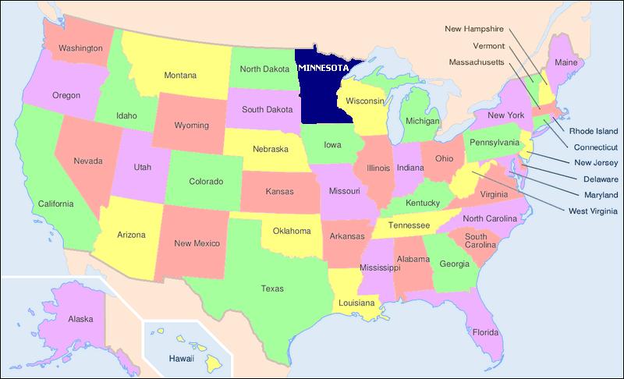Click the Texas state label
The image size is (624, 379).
click(272, 289)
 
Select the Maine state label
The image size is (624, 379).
click(565, 62)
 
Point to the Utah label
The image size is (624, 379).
click(142, 168)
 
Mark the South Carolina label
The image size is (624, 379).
click(480, 241)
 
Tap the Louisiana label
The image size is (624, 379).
click(356, 302)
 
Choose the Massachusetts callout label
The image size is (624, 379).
click(477, 62)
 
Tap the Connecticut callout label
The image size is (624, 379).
click(595, 147)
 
